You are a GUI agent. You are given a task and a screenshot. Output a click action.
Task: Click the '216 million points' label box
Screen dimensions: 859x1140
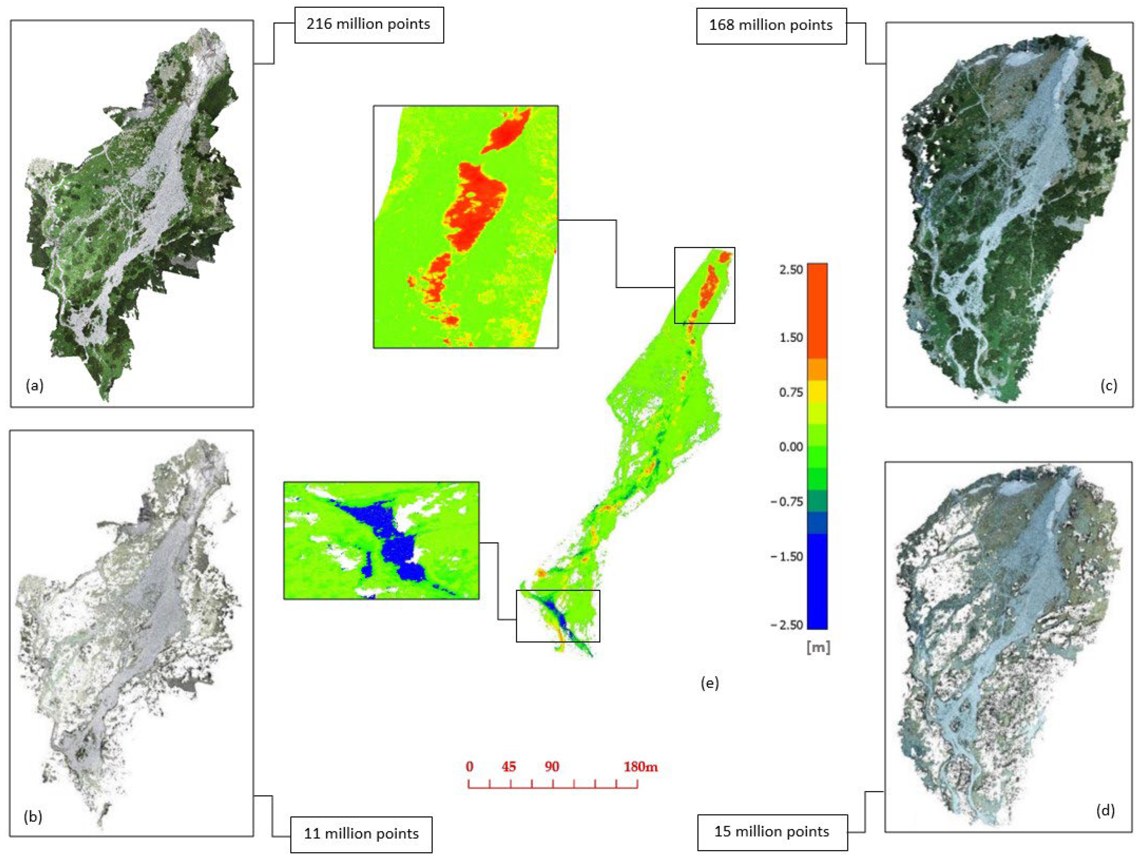pyautogui.click(x=369, y=24)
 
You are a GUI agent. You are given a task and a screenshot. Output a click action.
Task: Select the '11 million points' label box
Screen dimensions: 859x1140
pyautogui.click(x=361, y=833)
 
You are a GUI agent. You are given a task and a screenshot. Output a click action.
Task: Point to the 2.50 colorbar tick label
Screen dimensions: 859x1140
pyautogui.click(x=791, y=269)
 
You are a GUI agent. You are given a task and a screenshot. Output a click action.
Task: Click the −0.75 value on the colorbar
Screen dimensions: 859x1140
pyautogui.click(x=787, y=501)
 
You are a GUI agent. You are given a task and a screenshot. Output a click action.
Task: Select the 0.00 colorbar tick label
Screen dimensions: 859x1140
pyautogui.click(x=791, y=446)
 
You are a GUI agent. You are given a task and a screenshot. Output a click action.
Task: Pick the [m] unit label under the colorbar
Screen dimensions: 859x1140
pyautogui.click(x=818, y=648)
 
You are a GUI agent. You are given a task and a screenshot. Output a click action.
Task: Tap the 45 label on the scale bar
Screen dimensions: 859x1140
pyautogui.click(x=509, y=767)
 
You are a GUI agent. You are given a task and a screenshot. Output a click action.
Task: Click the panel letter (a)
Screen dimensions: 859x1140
pyautogui.click(x=35, y=385)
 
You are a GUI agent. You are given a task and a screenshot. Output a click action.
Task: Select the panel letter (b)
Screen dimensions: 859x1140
pyautogui.click(x=33, y=817)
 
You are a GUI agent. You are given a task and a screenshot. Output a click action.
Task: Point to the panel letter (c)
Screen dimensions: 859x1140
pyautogui.click(x=1109, y=385)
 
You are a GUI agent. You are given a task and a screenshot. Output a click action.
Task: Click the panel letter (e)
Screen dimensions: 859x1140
pyautogui.click(x=710, y=683)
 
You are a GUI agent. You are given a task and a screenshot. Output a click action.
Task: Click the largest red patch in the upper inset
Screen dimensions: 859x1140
pyautogui.click(x=474, y=206)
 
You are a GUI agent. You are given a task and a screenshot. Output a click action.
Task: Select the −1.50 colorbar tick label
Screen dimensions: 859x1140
pyautogui.click(x=787, y=557)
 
